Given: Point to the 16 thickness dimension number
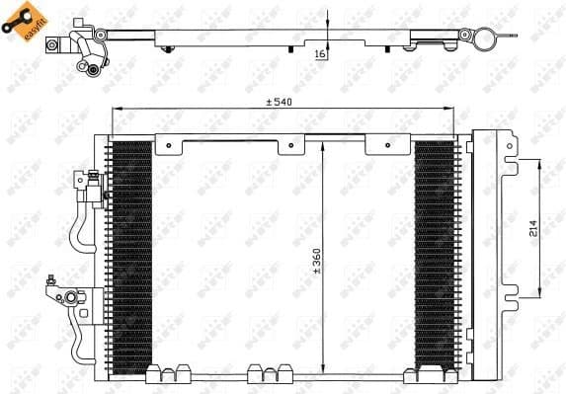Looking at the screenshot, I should pyautogui.click(x=321, y=56).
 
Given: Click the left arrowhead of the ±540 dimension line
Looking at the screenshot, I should pyautogui.click(x=113, y=110).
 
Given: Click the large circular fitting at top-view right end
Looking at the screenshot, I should pyautogui.click(x=486, y=40).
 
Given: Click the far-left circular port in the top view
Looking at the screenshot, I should pyautogui.click(x=92, y=67).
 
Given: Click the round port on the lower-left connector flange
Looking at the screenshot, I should pyautogui.click(x=72, y=296).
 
